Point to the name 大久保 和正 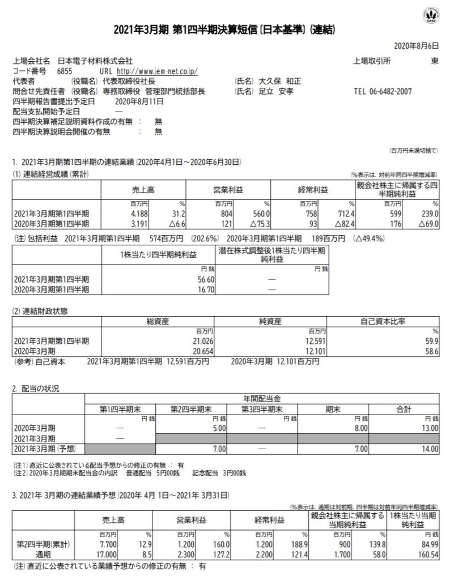[276, 82]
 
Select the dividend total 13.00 [428, 429]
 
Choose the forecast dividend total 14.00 [428, 449]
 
